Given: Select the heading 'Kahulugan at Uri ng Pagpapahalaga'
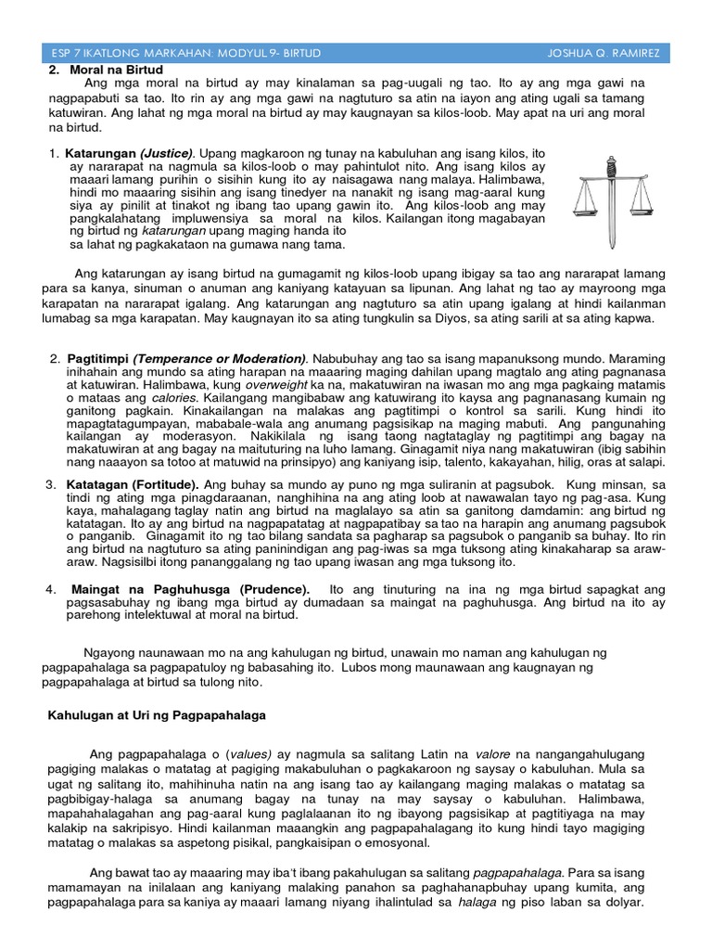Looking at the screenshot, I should [x=157, y=714].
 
